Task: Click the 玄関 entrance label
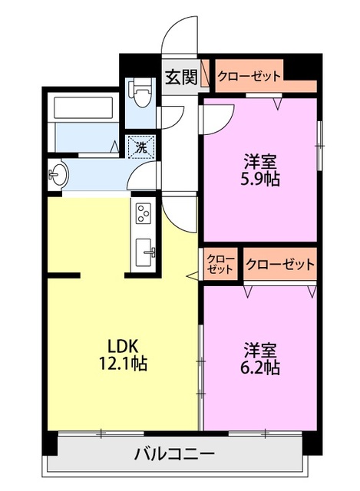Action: coord(181,77)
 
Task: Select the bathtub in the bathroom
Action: coord(83,107)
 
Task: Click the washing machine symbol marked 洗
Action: coord(142,147)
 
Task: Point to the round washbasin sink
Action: coord(58,174)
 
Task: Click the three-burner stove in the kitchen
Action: coord(144,213)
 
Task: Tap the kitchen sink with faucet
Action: coord(144,252)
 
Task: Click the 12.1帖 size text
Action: coord(123,364)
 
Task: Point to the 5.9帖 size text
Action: coord(260,179)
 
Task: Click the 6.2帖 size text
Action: coord(260,367)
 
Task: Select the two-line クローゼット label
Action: coord(221,264)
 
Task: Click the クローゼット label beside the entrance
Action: coord(249,76)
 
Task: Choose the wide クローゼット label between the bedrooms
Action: coord(280,265)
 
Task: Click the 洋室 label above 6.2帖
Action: coord(260,350)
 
